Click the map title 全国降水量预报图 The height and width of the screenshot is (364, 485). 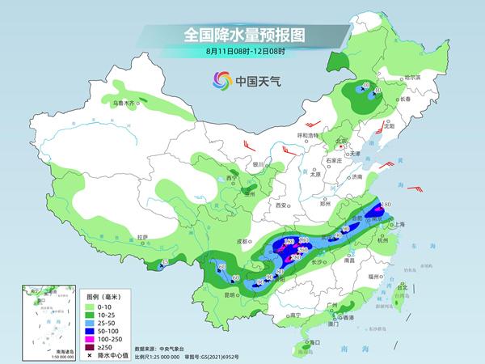(x=242, y=35)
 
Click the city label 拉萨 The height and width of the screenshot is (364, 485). (x=142, y=237)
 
